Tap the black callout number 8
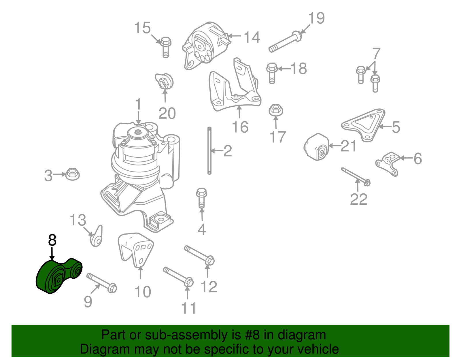pyautogui.click(x=52, y=240)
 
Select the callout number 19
pyautogui.click(x=316, y=18)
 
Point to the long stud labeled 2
pyautogui.click(x=209, y=150)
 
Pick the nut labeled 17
pyautogui.click(x=276, y=110)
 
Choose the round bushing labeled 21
pyautogui.click(x=316, y=147)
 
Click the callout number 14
pyautogui.click(x=252, y=38)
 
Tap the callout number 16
pyautogui.click(x=240, y=127)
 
